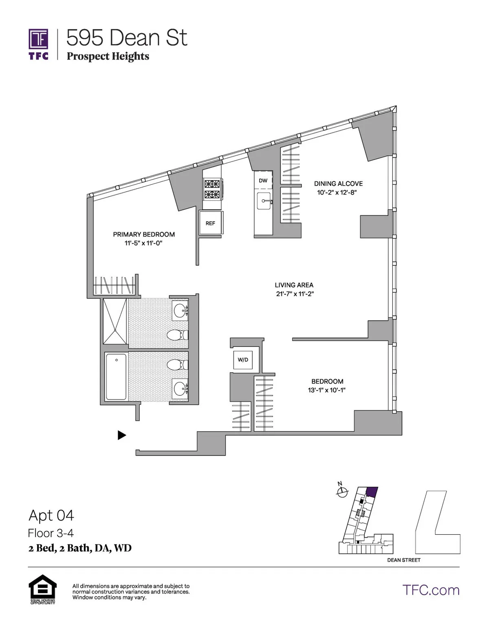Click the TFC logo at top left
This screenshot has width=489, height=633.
39,44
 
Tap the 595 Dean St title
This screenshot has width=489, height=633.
127,38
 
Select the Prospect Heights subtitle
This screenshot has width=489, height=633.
108,56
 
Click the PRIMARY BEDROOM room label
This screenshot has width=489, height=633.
144,234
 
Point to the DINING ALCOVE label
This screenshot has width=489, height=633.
338,184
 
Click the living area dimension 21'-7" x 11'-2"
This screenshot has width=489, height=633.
295,294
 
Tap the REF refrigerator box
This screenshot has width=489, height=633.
210,223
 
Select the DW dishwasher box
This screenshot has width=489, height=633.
263,181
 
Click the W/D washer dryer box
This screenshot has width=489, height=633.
243,360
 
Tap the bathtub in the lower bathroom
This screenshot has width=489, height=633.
116,377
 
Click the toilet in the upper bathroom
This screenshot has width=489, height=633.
178,335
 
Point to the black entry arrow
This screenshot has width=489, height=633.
121,435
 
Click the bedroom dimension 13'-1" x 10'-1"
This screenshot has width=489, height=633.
327,390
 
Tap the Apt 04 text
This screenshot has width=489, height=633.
51,516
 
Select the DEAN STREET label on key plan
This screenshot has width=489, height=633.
403,560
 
